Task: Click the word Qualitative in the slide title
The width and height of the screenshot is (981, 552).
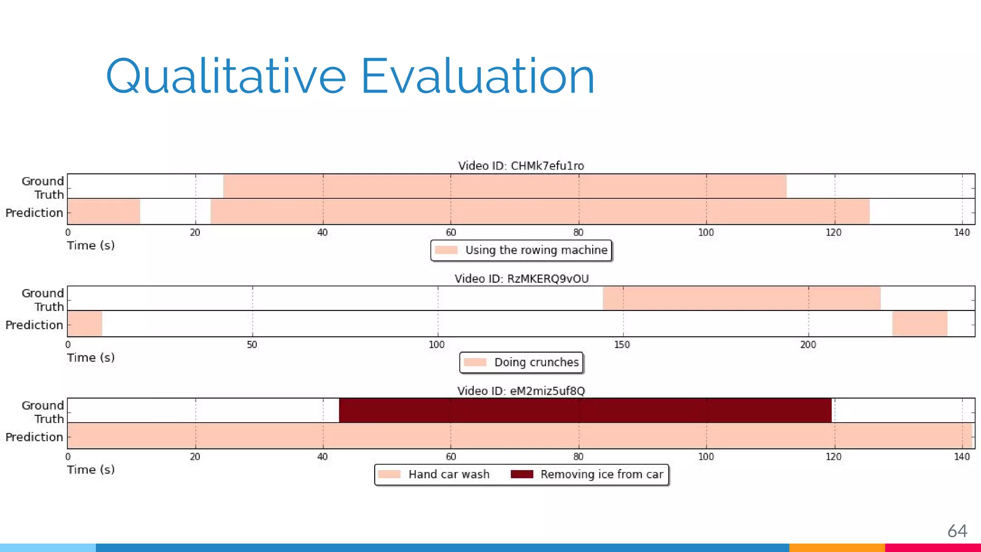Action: pyautogui.click(x=225, y=77)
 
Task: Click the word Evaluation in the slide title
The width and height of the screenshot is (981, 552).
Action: pyautogui.click(x=477, y=77)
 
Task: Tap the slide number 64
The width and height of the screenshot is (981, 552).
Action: pyautogui.click(x=957, y=531)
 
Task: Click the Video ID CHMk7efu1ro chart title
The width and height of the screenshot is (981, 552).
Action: pyautogui.click(x=521, y=166)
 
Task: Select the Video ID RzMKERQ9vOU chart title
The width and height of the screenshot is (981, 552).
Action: pyautogui.click(x=521, y=278)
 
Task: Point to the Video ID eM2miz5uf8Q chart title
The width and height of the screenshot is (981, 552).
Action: pyautogui.click(x=521, y=391)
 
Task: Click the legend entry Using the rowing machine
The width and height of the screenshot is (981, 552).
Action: pyautogui.click(x=536, y=250)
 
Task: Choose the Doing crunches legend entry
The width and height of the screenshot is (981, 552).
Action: pyautogui.click(x=536, y=362)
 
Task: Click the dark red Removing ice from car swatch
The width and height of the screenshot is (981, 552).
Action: pyautogui.click(x=522, y=474)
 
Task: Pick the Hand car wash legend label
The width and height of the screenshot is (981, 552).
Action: pyautogui.click(x=448, y=474)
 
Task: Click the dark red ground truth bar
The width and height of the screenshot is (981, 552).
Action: pyautogui.click(x=584, y=410)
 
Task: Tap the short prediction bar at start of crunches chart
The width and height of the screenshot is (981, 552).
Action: pyautogui.click(x=85, y=323)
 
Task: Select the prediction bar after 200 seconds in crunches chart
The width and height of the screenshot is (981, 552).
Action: pyautogui.click(x=919, y=323)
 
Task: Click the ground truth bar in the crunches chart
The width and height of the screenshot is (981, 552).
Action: pyautogui.click(x=741, y=298)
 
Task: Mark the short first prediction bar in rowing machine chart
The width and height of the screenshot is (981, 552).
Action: pyautogui.click(x=104, y=211)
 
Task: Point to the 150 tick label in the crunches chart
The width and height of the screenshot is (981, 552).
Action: pyautogui.click(x=622, y=345)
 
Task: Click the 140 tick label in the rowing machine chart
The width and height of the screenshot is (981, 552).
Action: pyautogui.click(x=961, y=233)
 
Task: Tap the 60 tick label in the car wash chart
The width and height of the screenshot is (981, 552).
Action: pyautogui.click(x=451, y=457)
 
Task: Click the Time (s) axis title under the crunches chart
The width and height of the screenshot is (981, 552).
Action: pyautogui.click(x=91, y=358)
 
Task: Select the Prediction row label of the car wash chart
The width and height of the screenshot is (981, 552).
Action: pyautogui.click(x=34, y=437)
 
